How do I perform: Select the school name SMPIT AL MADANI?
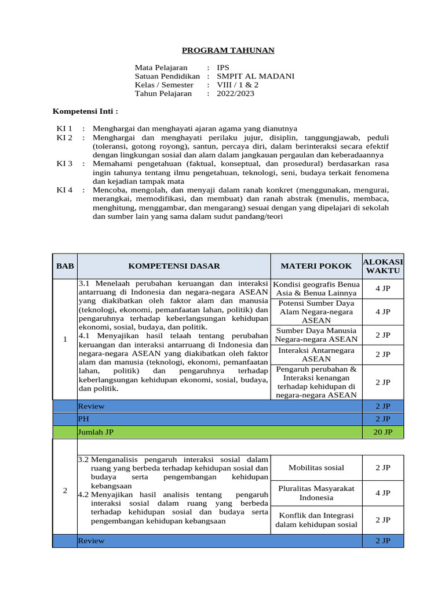[255, 76]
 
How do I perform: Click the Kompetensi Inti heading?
[85, 110]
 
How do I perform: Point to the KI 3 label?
[64, 164]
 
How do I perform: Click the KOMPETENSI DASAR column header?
[174, 266]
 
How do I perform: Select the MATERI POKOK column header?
[316, 266]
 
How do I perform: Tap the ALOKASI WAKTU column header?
[382, 266]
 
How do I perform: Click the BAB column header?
[65, 266]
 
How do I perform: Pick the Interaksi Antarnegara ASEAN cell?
[316, 354]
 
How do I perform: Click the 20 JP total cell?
[382, 432]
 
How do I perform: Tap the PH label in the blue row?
[83, 418]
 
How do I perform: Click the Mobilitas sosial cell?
[316, 468]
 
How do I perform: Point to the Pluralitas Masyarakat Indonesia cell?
[316, 493]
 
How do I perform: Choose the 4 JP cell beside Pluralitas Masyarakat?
[382, 493]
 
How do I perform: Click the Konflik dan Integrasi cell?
[316, 520]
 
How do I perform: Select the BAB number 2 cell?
[65, 491]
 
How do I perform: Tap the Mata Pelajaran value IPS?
[223, 68]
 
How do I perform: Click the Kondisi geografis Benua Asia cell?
[316, 289]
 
